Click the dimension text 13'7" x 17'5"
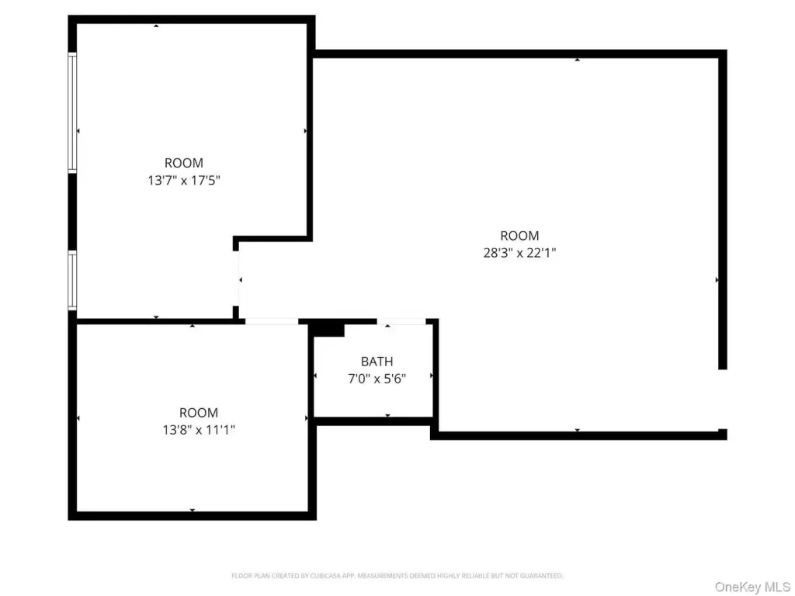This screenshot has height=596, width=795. tap(183, 179)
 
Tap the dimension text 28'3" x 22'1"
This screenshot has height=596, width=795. tap(519, 252)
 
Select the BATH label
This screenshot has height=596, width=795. tap(377, 362)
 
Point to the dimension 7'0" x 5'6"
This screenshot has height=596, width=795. tap(377, 378)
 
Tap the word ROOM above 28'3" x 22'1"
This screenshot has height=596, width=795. tap(519, 236)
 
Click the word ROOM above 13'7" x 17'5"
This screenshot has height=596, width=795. tap(183, 163)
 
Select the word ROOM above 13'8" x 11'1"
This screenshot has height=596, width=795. tap(198, 413)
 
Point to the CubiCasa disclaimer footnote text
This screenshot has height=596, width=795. tap(397, 576)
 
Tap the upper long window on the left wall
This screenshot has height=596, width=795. tap(72, 113)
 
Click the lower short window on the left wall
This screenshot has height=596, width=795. tap(72, 281)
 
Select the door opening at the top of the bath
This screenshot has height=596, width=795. tap(401, 321)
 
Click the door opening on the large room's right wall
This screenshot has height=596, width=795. tap(722, 399)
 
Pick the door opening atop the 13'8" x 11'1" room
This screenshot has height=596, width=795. tap(272, 321)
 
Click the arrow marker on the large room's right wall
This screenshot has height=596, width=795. tap(717, 279)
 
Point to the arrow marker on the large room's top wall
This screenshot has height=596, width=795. tap(577, 60)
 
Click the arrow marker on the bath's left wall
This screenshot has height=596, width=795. tap(315, 376)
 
